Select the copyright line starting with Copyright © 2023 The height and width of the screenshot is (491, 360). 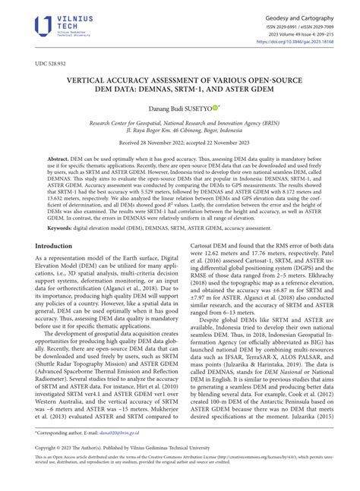tap(114, 468)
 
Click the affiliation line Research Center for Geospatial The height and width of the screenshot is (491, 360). tap(179, 122)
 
